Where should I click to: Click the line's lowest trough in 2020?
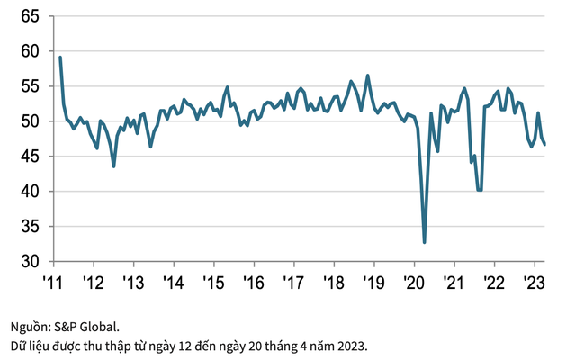click(x=424, y=242)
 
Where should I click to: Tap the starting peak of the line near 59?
click(x=60, y=58)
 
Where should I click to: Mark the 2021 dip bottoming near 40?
click(x=480, y=190)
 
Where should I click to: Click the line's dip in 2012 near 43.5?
click(x=113, y=166)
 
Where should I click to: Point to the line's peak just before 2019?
click(x=367, y=76)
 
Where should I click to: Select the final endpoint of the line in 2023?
click(x=545, y=145)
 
